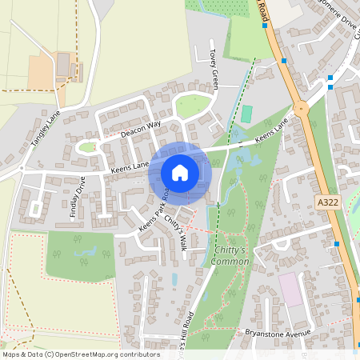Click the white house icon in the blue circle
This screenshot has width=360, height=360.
pyautogui.click(x=180, y=172)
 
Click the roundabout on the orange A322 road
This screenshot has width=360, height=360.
pyautogui.click(x=302, y=108)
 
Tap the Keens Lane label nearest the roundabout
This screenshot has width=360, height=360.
pyautogui.click(x=270, y=130)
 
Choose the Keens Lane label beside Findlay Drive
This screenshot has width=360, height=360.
pyautogui.click(x=130, y=165)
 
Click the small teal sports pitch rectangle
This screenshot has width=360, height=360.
pyautogui.click(x=246, y=114)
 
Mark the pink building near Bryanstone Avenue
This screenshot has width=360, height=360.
pyautogui.click(x=290, y=290)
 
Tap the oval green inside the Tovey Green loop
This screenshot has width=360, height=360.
pyautogui.click(x=192, y=105)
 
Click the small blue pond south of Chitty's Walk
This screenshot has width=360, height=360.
pyautogui.click(x=174, y=279)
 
